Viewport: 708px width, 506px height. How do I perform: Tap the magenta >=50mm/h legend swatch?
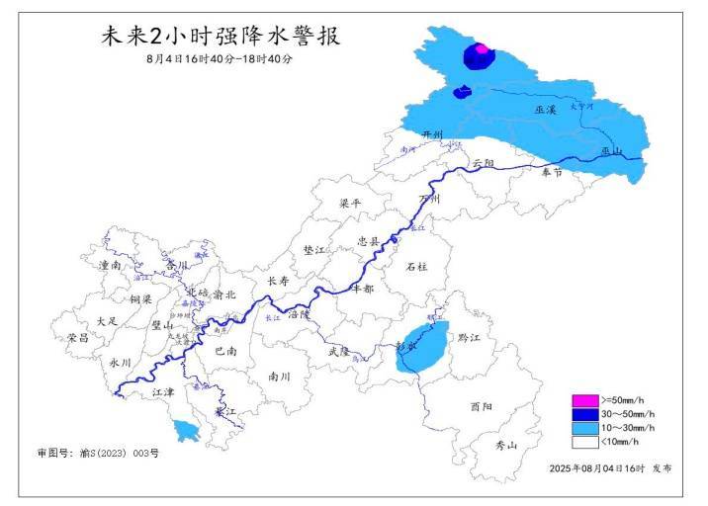tap(584, 400)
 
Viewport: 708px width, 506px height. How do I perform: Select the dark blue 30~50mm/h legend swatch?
tap(584, 414)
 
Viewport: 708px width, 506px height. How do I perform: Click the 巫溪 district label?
tap(546, 110)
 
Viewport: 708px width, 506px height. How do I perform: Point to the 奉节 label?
tap(551, 172)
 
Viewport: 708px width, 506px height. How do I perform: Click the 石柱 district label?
tap(417, 267)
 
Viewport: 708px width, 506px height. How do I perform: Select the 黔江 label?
tap(469, 338)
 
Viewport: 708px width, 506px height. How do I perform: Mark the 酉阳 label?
tap(482, 406)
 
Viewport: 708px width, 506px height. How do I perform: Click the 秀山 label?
tap(506, 446)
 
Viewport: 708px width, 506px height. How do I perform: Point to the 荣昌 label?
tap(78, 338)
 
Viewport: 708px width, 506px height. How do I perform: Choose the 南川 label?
tap(280, 377)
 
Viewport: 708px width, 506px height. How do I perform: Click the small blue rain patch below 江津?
tap(183, 430)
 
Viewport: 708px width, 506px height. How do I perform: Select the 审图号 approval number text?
tap(98, 453)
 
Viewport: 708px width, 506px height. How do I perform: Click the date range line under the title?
tap(219, 59)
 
